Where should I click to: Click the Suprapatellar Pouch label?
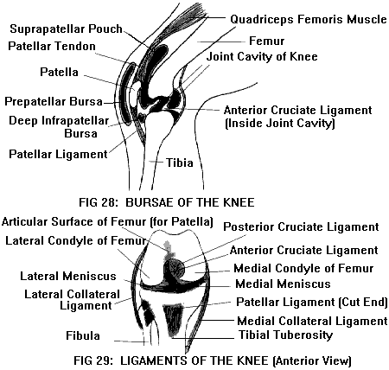[66, 29]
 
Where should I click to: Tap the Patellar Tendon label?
[52, 46]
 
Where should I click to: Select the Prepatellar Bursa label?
[54, 102]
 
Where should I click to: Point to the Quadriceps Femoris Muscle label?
[309, 19]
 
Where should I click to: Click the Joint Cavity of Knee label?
[262, 56]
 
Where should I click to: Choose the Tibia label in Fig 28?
[180, 163]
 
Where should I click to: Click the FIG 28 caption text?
[167, 202]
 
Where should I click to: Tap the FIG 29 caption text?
[213, 360]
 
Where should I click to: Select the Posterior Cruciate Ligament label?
[301, 227]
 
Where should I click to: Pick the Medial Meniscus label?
[283, 284]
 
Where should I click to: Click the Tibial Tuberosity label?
[285, 335]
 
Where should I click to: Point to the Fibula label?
[83, 335]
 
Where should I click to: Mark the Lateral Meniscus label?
[68, 276]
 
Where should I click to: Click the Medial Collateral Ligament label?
[312, 321]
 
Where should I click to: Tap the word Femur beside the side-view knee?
[266, 41]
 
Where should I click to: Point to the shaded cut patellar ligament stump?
[174, 319]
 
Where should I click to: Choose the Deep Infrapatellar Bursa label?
[59, 127]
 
